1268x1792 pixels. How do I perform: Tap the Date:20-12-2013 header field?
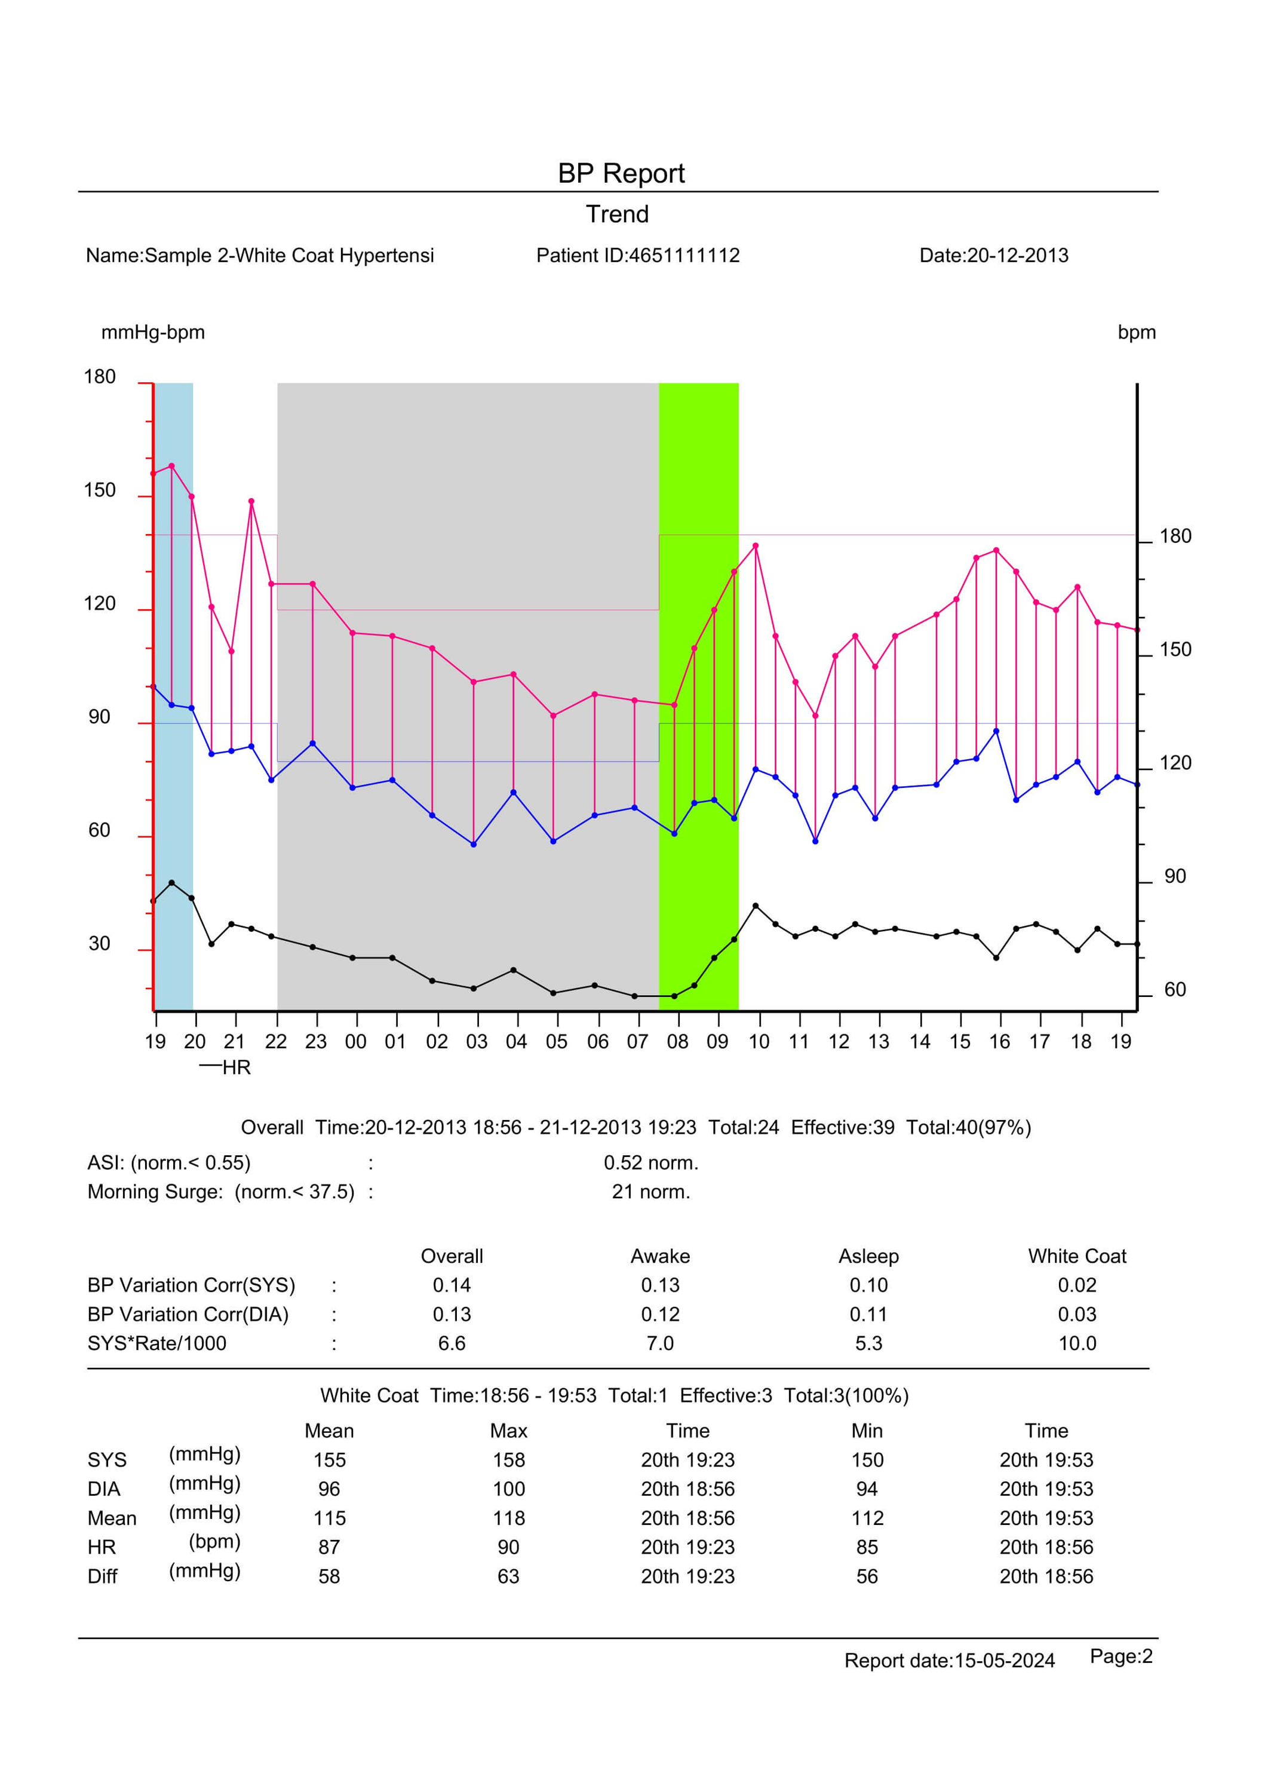993,255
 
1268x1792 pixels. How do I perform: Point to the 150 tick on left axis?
99,490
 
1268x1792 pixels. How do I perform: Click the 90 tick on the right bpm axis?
1174,876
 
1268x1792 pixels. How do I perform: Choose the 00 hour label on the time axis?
355,1042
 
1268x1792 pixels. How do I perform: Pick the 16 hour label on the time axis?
999,1042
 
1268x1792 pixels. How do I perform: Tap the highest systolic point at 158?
172,466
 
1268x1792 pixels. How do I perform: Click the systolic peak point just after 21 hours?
251,501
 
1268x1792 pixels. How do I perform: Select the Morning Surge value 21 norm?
650,1192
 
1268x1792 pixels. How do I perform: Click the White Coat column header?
1077,1256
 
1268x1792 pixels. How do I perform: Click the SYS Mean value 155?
330,1459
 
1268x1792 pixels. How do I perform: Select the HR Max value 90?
508,1547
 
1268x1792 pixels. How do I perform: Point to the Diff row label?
102,1576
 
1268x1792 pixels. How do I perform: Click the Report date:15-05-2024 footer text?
950,1660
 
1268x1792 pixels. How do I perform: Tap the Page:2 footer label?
1121,1656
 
